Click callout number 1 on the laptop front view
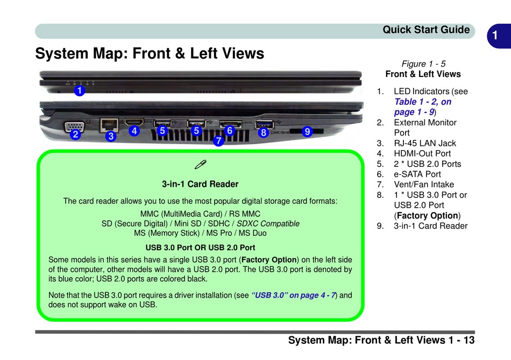pos(79,91)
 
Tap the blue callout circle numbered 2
pos(76,135)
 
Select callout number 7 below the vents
pos(218,141)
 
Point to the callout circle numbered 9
pos(307,131)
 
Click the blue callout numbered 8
pos(263,132)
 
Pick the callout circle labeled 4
pos(134,131)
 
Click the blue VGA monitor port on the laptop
pos(74,126)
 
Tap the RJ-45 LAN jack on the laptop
pos(110,124)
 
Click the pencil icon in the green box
pos(200,164)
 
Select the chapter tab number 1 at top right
pos(495,36)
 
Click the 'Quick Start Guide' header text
pos(426,30)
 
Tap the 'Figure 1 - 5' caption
pos(423,63)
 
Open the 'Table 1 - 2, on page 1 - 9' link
pos(422,107)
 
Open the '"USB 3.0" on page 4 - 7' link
pos(294,295)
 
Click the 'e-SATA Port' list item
pos(417,174)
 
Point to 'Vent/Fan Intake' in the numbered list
pos(423,184)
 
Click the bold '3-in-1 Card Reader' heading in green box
pos(200,184)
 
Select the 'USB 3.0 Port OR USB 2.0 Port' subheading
pos(200,248)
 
